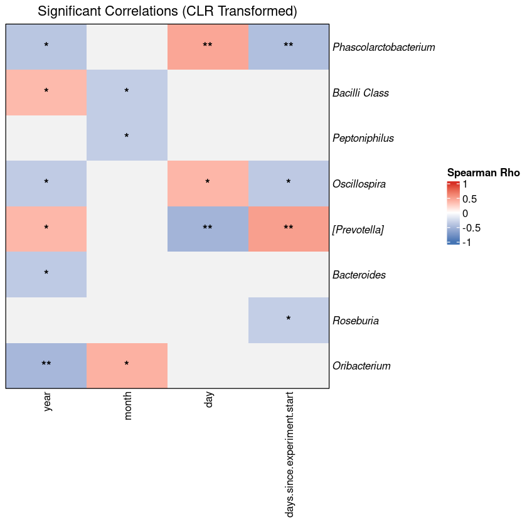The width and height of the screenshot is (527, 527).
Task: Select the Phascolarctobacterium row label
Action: pos(384,47)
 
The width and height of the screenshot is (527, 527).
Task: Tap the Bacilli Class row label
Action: pos(361,93)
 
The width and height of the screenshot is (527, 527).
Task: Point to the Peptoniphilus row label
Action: pos(363,138)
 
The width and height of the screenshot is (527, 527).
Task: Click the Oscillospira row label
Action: pos(359,184)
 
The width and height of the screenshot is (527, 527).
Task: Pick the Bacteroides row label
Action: pos(359,275)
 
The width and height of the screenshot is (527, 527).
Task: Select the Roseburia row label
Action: pos(356,321)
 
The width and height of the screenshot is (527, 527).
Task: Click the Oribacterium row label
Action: pos(361,366)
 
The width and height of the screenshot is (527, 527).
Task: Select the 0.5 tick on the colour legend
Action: pos(469,200)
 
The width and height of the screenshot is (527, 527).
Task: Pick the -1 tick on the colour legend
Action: pos(467,243)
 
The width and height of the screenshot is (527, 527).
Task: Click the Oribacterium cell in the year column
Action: pos(46,366)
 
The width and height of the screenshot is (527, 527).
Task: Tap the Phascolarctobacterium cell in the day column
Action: pos(208,47)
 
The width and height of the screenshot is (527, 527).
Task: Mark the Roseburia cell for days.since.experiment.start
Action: pos(289,321)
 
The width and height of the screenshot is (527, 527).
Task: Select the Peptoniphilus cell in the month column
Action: pos(127,138)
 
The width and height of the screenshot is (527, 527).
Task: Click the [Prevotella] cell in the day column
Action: pos(208,229)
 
